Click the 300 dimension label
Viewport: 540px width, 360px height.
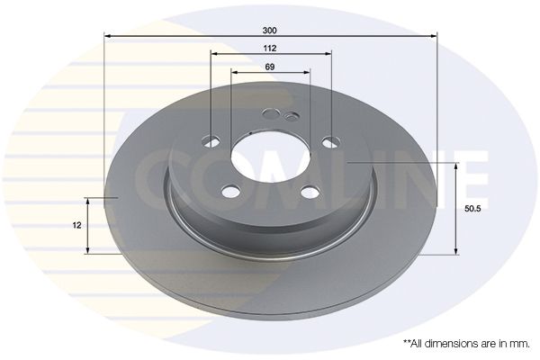pyautogui.click(x=269, y=31)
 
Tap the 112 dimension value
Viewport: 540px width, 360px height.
pyautogui.click(x=270, y=49)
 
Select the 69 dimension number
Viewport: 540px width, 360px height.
pyautogui.click(x=270, y=67)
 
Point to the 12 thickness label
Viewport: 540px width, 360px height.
pyautogui.click(x=77, y=225)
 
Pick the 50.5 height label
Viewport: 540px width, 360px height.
pyautogui.click(x=472, y=209)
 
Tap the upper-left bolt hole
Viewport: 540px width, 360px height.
pyautogui.click(x=211, y=141)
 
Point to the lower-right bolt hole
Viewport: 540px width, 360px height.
pyautogui.click(x=310, y=192)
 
